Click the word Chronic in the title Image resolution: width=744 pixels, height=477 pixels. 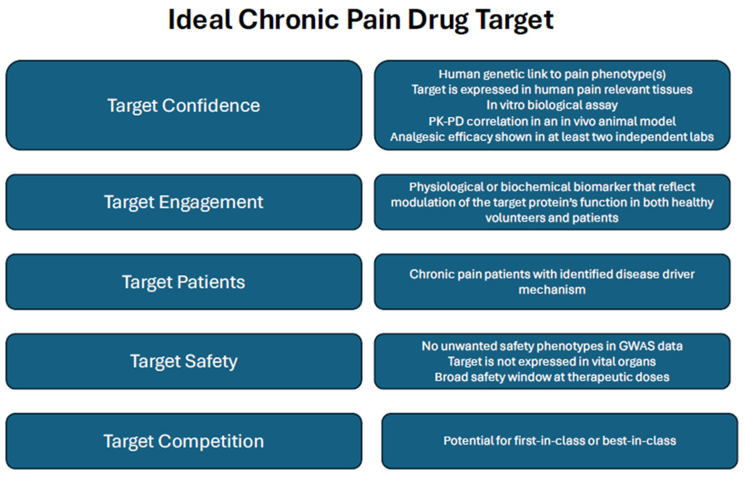pos(288,20)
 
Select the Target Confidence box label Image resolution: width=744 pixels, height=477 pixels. pos(184,106)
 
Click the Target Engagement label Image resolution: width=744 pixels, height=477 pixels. pos(184,202)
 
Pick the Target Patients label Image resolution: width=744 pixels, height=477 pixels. pos(184,282)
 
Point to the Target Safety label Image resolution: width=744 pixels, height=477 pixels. pos(184,361)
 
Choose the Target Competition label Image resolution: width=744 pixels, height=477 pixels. pos(184,441)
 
